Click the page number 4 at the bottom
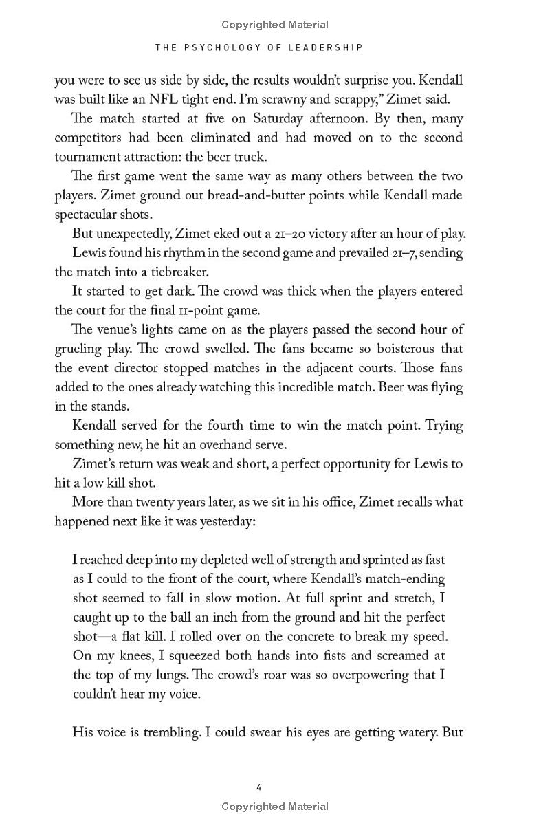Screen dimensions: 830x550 pos(258,787)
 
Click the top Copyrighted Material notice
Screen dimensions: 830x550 pos(275,25)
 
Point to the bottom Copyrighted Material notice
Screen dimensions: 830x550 pos(275,807)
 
